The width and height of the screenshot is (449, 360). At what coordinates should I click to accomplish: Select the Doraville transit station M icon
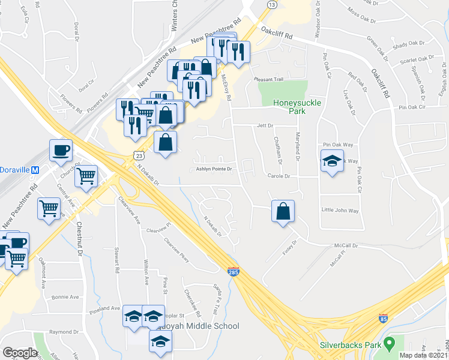[35, 170]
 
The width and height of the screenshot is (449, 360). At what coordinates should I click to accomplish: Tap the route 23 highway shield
[139, 155]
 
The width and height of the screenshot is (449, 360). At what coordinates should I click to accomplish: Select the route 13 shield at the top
[272, 4]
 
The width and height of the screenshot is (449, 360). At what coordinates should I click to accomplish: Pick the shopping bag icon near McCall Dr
[283, 211]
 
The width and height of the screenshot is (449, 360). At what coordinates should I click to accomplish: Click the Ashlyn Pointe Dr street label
[214, 170]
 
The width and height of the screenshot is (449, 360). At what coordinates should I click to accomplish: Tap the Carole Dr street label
[279, 176]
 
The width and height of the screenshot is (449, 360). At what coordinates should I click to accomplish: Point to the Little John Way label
[340, 211]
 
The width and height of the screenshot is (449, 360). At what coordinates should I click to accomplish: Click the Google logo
[20, 352]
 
